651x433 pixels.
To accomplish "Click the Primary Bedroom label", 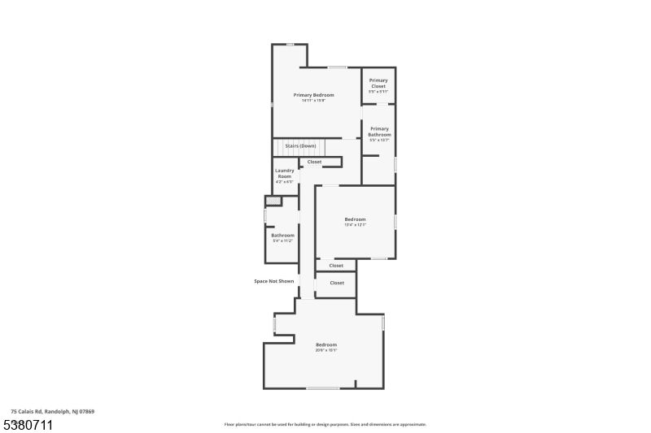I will point(313,95).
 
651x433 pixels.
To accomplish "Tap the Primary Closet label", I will point(378,83).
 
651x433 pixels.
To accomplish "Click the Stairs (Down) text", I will point(300,146).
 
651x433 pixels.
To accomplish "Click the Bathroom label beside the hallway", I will point(282,236).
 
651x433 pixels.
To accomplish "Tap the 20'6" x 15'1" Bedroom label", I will point(326,345).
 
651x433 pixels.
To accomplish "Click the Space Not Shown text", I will point(274,281).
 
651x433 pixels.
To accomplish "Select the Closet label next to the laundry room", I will point(314,162).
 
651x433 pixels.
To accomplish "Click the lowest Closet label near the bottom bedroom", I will point(336,283).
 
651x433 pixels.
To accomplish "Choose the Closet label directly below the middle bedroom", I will point(336,266).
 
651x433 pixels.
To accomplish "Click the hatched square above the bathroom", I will point(273,201).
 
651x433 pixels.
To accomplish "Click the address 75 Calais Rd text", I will point(52,412).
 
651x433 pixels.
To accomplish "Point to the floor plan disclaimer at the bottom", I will point(325,424).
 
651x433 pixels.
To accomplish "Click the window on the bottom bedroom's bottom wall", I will point(322,388).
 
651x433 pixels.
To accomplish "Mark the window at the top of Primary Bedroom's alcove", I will point(290,45).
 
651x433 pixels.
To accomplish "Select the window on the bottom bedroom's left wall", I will point(274,324).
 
